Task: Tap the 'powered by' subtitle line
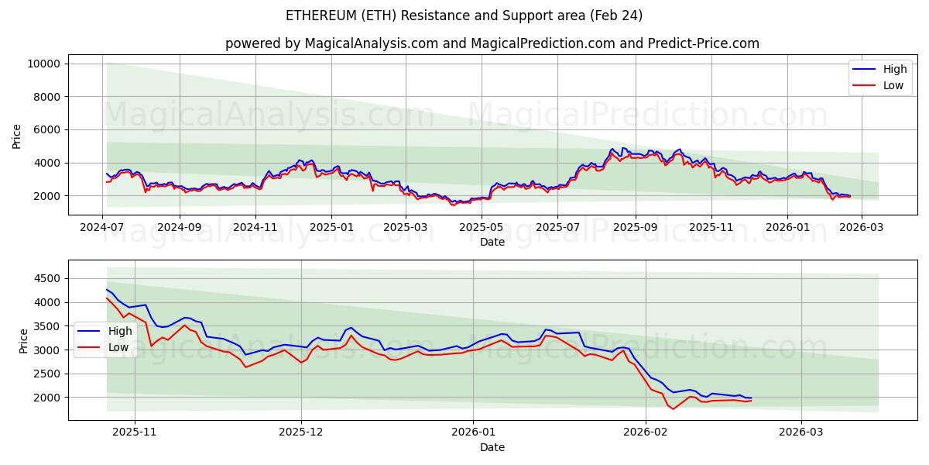click(492, 43)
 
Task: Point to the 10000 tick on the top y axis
click(44, 64)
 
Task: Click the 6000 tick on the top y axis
click(47, 129)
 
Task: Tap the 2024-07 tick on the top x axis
click(103, 227)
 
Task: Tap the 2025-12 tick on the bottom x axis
click(301, 432)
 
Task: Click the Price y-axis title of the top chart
click(17, 136)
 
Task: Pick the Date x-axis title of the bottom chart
click(492, 447)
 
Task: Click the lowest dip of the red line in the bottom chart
click(673, 409)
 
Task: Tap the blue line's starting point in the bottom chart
click(107, 289)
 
